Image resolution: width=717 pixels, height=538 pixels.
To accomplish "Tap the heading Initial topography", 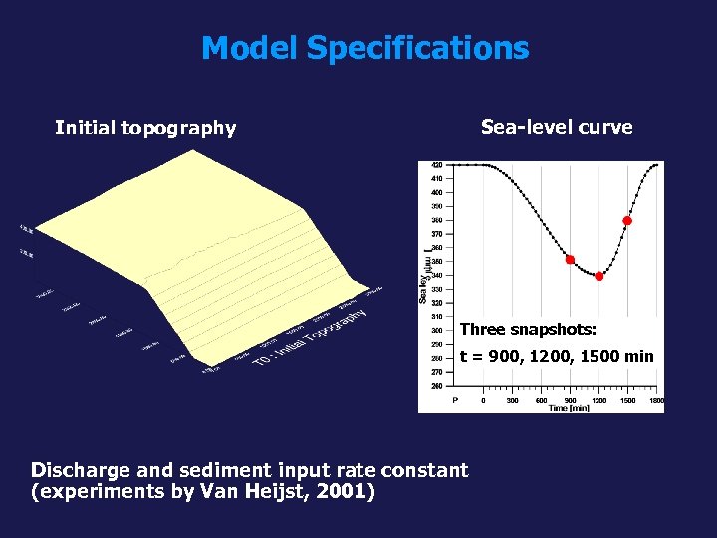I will tap(145, 128).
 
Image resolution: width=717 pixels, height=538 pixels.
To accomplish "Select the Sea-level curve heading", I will tap(557, 127).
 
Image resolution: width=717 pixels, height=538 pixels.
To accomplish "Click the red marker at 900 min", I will tap(570, 260).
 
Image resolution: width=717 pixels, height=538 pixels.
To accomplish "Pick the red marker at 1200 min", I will tap(598, 277).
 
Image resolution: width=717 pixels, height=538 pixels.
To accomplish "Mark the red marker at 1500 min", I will tap(627, 221).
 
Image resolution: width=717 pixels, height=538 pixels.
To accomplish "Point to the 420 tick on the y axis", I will tap(437, 165).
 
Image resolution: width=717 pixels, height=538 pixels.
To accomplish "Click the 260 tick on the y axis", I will tap(437, 385).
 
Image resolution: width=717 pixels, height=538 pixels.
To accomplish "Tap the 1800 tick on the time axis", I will tap(655, 400).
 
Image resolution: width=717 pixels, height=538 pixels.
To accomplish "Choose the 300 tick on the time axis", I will tap(512, 400).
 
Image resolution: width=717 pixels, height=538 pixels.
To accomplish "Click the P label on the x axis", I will tap(455, 400).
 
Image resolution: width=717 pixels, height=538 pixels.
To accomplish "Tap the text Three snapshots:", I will tap(528, 330).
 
